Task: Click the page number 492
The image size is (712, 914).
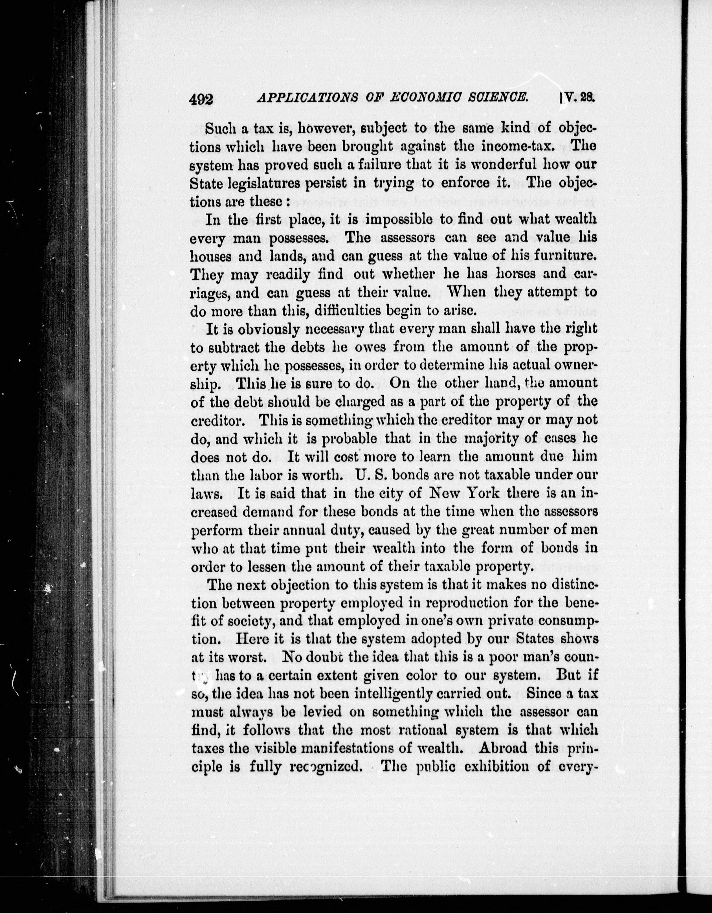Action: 201,111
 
